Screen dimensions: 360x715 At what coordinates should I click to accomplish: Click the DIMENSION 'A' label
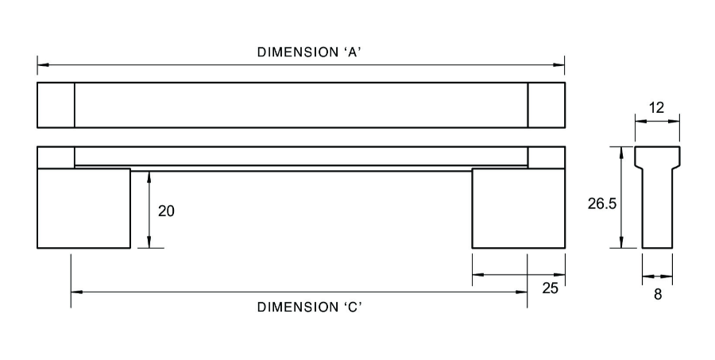coord(310,52)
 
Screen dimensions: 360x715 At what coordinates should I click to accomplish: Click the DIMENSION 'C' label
coord(310,307)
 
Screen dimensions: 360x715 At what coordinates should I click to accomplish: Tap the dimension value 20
coord(166,211)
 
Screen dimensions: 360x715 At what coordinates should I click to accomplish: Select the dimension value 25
coord(550,288)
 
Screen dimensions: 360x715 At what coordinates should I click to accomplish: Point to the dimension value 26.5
coord(602,203)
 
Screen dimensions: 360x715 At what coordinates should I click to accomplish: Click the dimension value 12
coord(656,107)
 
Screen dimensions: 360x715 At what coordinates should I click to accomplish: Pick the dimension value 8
coord(658,294)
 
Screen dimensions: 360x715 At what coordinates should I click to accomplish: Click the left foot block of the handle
coord(83,208)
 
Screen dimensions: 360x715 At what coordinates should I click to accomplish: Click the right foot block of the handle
coord(518,208)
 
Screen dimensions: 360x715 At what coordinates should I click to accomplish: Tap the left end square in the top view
coord(56,104)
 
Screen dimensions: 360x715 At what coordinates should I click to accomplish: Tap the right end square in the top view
coord(546,104)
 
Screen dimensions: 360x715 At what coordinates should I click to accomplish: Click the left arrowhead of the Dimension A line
coord(41,64)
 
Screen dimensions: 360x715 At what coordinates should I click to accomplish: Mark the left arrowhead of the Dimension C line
coord(75,292)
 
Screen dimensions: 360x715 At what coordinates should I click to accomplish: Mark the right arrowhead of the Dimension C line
coord(524,292)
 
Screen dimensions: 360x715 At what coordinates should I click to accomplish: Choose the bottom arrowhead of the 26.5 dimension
coord(622,244)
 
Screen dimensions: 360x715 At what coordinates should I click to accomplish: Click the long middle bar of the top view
coord(301,104)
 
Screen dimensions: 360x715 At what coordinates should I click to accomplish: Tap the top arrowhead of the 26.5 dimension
coord(622,150)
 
